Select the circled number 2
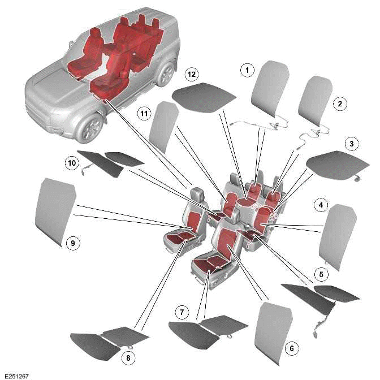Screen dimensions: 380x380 [339, 103]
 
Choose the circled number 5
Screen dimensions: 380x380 [321, 275]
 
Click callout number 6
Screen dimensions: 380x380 [291, 348]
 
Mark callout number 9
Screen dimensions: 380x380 [71, 243]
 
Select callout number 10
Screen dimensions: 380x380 [71, 163]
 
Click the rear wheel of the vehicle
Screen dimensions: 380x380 [167, 74]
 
